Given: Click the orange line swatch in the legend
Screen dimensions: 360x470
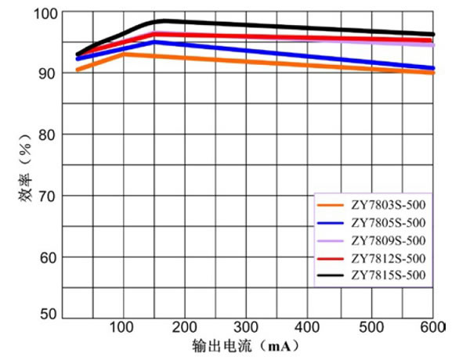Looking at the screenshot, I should (332, 205).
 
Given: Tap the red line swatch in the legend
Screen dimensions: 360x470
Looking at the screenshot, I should (332, 257).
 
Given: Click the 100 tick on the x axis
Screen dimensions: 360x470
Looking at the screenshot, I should (123, 326).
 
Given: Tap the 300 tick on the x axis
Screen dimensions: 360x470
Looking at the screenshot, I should (247, 326).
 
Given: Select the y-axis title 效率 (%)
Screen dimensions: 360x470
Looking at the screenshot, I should (26, 168).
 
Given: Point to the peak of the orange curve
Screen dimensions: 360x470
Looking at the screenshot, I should (125, 53).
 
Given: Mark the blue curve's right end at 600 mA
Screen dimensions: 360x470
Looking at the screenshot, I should (433, 68).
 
